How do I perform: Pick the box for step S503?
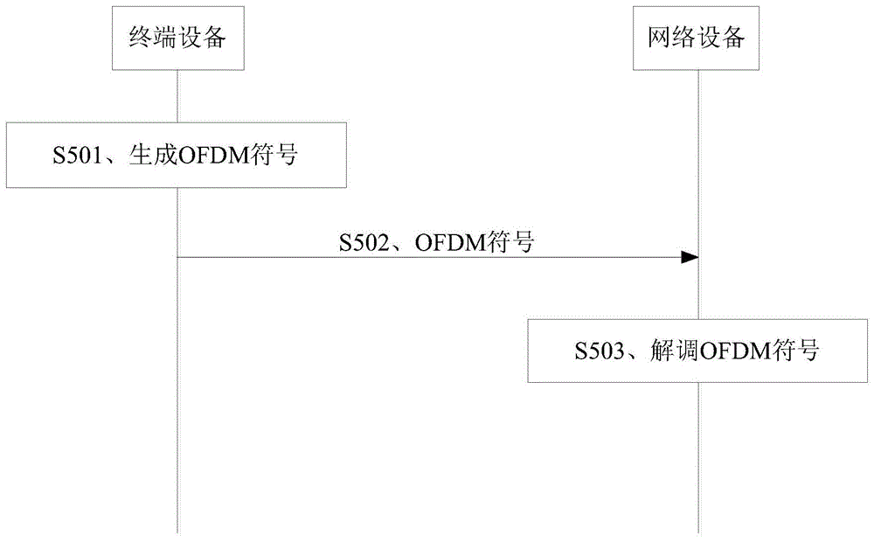point(697,351)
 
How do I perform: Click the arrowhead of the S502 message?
point(690,257)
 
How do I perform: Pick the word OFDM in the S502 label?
point(446,242)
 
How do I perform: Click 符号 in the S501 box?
point(269,156)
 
